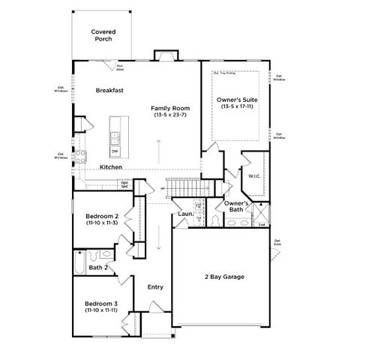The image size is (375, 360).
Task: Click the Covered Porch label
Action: tap(103, 35)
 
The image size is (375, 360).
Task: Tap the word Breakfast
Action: tap(109, 90)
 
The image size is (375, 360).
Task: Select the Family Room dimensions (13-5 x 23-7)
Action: tap(168, 115)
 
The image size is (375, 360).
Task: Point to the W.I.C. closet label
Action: tap(253, 177)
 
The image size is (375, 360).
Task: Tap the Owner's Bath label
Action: tap(236, 207)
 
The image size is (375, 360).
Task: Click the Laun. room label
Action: tap(186, 215)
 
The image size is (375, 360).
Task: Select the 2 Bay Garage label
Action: tap(223, 276)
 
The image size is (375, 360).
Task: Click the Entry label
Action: tap(155, 287)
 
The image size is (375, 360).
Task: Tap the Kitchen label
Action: tap(112, 167)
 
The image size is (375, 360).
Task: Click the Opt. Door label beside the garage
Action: tap(277, 243)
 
